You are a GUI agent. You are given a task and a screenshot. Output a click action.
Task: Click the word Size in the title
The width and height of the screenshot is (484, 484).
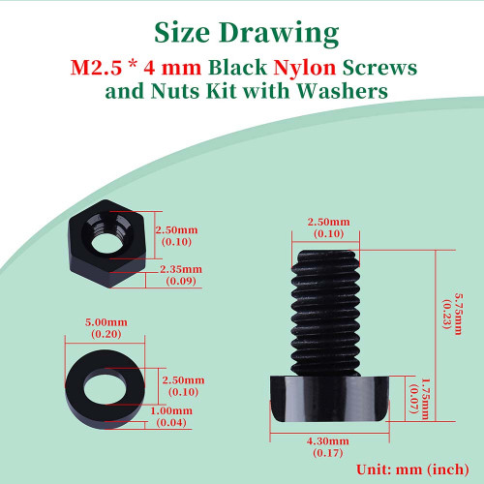coord(182,32)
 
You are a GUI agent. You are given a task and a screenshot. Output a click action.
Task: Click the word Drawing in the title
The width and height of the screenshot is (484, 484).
coord(279,35)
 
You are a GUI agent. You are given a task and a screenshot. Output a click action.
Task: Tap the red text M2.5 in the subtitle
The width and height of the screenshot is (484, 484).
coord(96,68)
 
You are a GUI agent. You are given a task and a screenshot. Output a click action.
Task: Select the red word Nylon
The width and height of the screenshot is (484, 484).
coord(305,69)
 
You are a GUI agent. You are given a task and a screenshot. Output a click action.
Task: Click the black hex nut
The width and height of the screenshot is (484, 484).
coord(107,244)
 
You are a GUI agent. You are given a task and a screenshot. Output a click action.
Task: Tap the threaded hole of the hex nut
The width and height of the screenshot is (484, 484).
coord(106,243)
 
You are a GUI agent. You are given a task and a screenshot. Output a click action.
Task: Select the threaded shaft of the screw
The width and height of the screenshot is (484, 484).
coord(326,313)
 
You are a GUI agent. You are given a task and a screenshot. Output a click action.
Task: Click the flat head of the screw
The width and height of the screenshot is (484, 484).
coord(329,399)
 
